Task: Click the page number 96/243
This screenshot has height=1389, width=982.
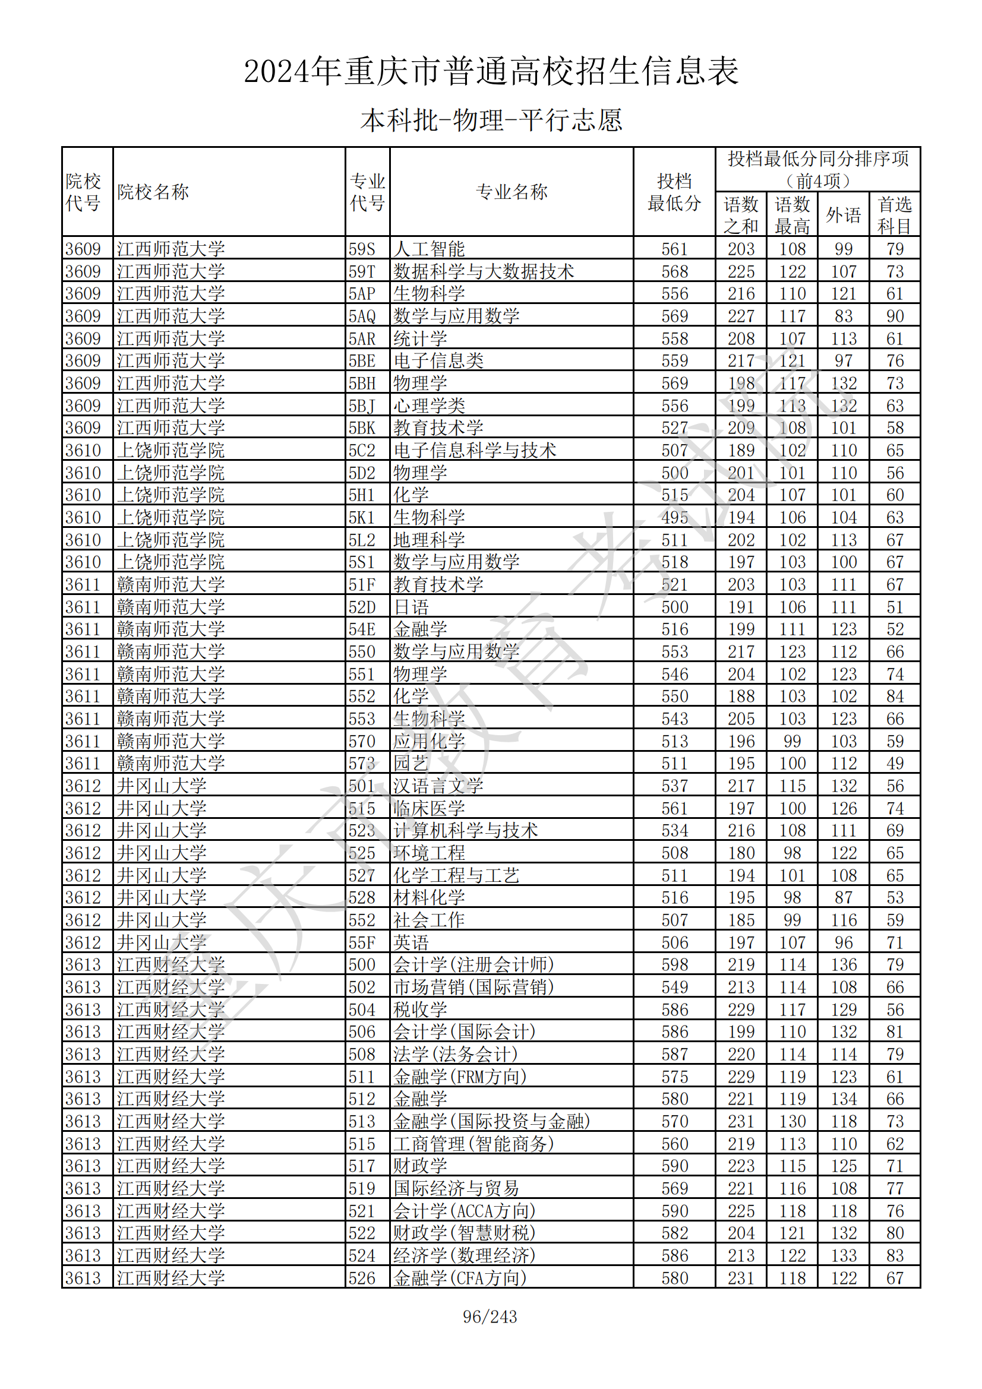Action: click(x=490, y=1316)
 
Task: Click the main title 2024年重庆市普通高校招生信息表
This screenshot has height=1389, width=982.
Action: click(x=491, y=71)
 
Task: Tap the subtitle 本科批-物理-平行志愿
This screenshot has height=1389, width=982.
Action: click(x=491, y=121)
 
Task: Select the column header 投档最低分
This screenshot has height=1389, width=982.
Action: click(x=674, y=192)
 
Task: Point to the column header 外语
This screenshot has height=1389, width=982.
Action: click(x=843, y=215)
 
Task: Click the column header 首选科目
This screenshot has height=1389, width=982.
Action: click(x=894, y=215)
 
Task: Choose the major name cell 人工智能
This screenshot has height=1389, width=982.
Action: click(x=429, y=249)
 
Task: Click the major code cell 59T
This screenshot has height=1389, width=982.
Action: click(x=362, y=271)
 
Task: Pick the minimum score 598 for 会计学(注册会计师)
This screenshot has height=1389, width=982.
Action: click(x=674, y=964)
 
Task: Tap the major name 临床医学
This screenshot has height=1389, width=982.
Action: click(x=429, y=808)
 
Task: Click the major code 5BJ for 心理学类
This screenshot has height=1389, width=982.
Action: click(x=362, y=406)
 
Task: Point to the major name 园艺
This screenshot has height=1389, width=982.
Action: click(x=411, y=764)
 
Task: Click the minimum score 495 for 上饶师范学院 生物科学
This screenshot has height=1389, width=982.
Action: click(x=674, y=517)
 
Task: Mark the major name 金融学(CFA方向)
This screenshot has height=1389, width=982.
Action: click(x=460, y=1278)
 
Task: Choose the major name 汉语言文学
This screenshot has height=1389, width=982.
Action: click(x=438, y=786)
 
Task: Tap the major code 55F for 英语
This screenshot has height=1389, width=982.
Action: click(x=362, y=942)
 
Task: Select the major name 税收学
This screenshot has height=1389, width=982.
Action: click(x=420, y=1009)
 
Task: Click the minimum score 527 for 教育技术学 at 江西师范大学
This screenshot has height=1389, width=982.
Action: click(x=674, y=428)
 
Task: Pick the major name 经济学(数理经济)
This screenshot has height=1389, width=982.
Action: click(x=464, y=1255)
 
